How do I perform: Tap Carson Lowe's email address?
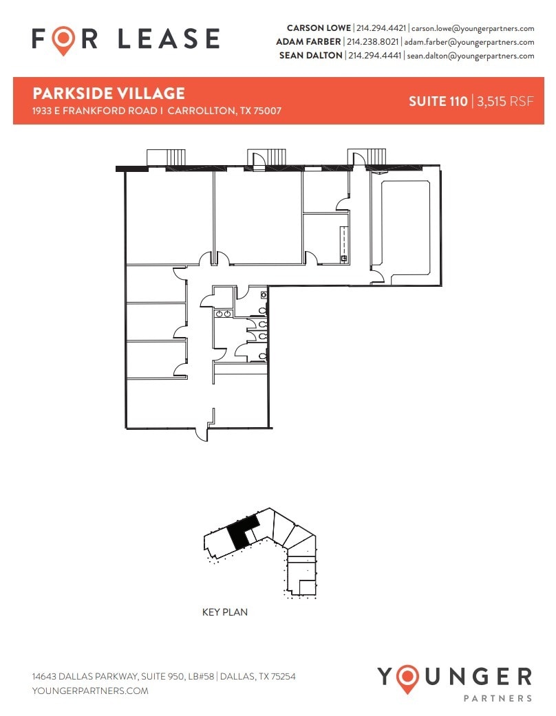[473, 29]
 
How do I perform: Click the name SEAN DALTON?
[310, 56]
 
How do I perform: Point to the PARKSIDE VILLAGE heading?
[109, 94]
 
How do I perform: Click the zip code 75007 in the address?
[266, 111]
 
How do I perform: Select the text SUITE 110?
[438, 102]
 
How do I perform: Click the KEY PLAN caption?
[224, 611]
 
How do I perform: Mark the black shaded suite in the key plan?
[239, 533]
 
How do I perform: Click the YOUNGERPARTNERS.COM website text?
[90, 691]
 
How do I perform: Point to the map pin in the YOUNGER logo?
[411, 677]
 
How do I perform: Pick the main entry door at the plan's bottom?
[203, 434]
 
